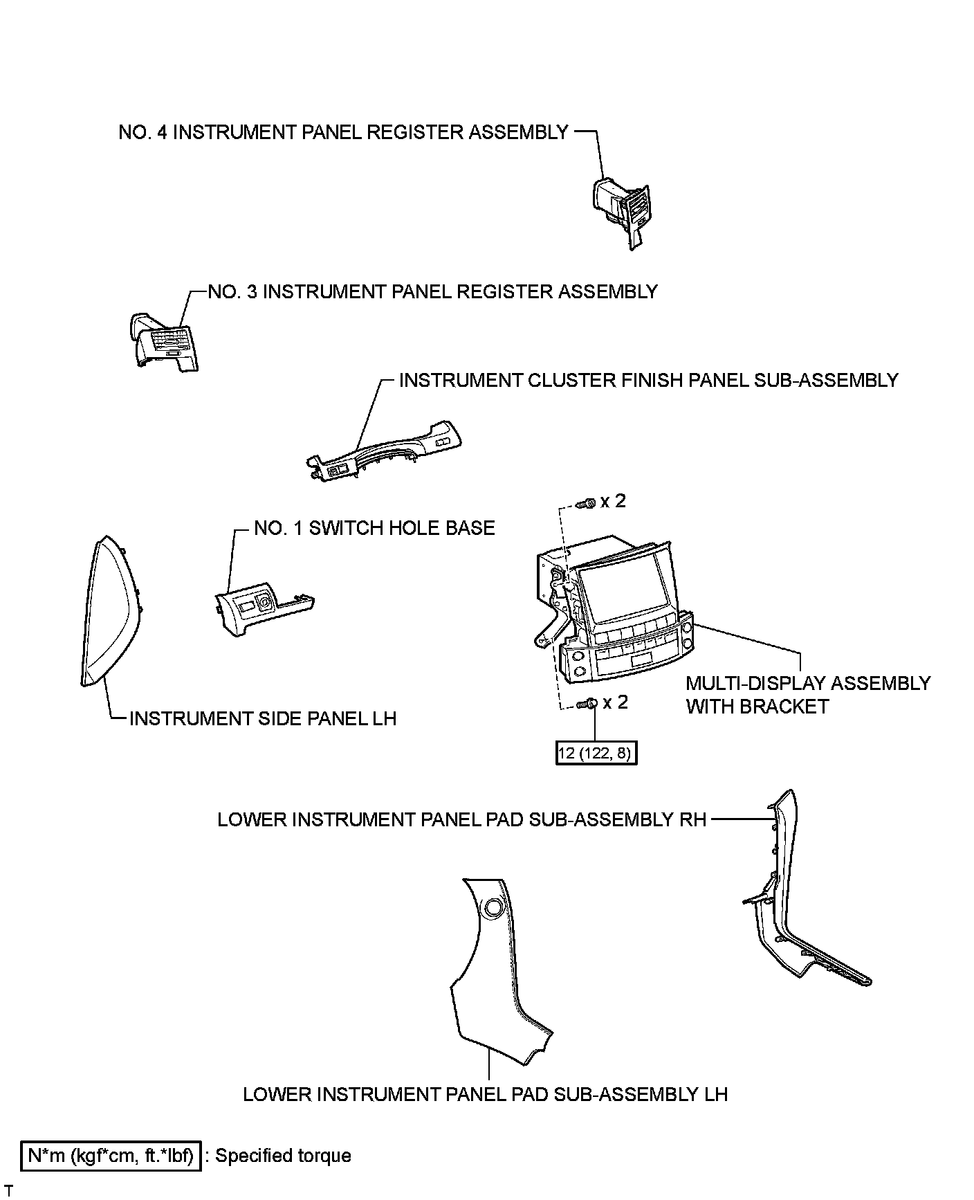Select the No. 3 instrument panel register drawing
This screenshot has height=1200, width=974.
[164, 342]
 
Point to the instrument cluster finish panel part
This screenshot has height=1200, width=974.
[385, 452]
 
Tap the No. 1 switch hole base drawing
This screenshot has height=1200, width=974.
[259, 603]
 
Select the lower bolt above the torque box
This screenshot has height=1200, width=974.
[587, 704]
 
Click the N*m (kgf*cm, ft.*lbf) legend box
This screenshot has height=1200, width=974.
[111, 1156]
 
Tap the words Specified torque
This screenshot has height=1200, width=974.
[283, 1156]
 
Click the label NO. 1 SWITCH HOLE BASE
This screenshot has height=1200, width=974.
[374, 528]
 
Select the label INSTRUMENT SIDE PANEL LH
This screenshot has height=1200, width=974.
[263, 718]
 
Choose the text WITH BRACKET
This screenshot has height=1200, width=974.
[757, 707]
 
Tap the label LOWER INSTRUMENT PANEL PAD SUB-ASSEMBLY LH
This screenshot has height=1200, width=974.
[485, 1094]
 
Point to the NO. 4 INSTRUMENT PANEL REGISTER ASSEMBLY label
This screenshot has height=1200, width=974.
[343, 132]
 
